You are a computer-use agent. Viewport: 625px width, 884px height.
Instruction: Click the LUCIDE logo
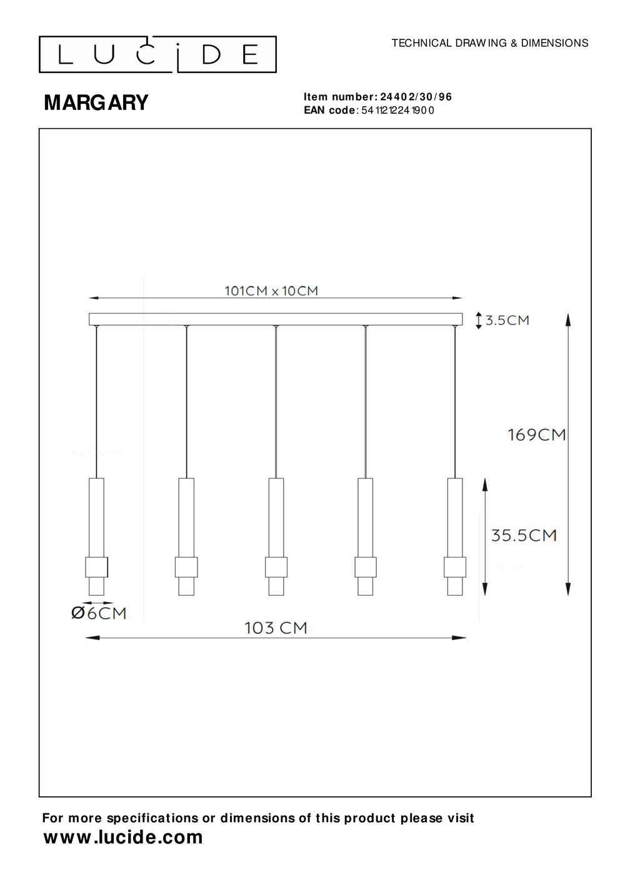157,55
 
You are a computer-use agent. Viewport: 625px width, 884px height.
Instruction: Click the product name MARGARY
96,103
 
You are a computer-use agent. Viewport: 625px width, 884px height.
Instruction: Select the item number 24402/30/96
416,97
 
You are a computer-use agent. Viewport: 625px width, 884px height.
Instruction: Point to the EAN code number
397,111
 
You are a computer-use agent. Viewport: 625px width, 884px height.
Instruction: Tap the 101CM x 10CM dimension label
271,291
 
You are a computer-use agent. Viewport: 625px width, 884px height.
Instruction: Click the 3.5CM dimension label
507,321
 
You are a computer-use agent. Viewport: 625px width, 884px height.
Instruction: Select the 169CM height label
537,434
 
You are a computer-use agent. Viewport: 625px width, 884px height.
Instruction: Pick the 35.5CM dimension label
524,535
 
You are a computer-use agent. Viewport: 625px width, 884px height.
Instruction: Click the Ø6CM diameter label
99,613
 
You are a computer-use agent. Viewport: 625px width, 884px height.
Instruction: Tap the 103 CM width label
276,627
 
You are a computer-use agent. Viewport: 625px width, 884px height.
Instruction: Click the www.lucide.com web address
123,838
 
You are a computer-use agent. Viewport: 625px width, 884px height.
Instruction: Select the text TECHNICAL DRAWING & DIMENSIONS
489,43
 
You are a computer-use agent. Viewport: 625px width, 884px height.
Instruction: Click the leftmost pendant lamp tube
96,516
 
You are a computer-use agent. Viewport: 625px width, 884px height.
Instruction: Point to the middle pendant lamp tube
276,516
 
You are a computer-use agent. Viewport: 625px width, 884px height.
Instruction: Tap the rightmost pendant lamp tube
455,516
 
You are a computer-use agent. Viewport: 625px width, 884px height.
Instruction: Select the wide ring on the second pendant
186,567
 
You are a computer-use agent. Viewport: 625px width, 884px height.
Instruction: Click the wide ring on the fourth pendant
366,567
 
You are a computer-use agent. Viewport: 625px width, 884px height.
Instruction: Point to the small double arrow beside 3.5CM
479,321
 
